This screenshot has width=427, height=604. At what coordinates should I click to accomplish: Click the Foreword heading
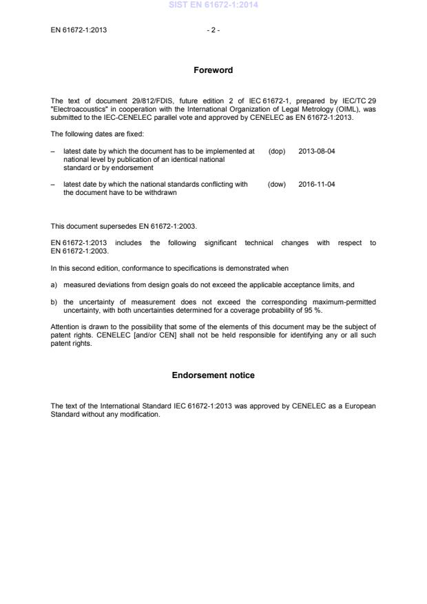[213, 70]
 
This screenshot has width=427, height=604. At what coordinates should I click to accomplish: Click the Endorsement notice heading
[213, 375]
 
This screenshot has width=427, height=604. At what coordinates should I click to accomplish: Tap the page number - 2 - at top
[213, 30]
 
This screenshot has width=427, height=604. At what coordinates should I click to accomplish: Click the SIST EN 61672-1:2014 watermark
[213, 6]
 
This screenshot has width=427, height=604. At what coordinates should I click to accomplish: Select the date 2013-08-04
[317, 151]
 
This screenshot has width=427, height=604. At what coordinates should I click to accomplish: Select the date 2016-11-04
[317, 185]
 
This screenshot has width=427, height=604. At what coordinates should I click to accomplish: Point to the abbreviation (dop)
[277, 151]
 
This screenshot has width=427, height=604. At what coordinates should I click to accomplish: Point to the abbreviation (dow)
[277, 185]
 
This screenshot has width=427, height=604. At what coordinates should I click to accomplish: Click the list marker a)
[54, 284]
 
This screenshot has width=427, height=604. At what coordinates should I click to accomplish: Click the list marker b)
[54, 302]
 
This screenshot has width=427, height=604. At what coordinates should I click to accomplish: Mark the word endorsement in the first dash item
[136, 168]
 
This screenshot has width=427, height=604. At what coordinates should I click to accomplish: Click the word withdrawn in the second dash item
[160, 193]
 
